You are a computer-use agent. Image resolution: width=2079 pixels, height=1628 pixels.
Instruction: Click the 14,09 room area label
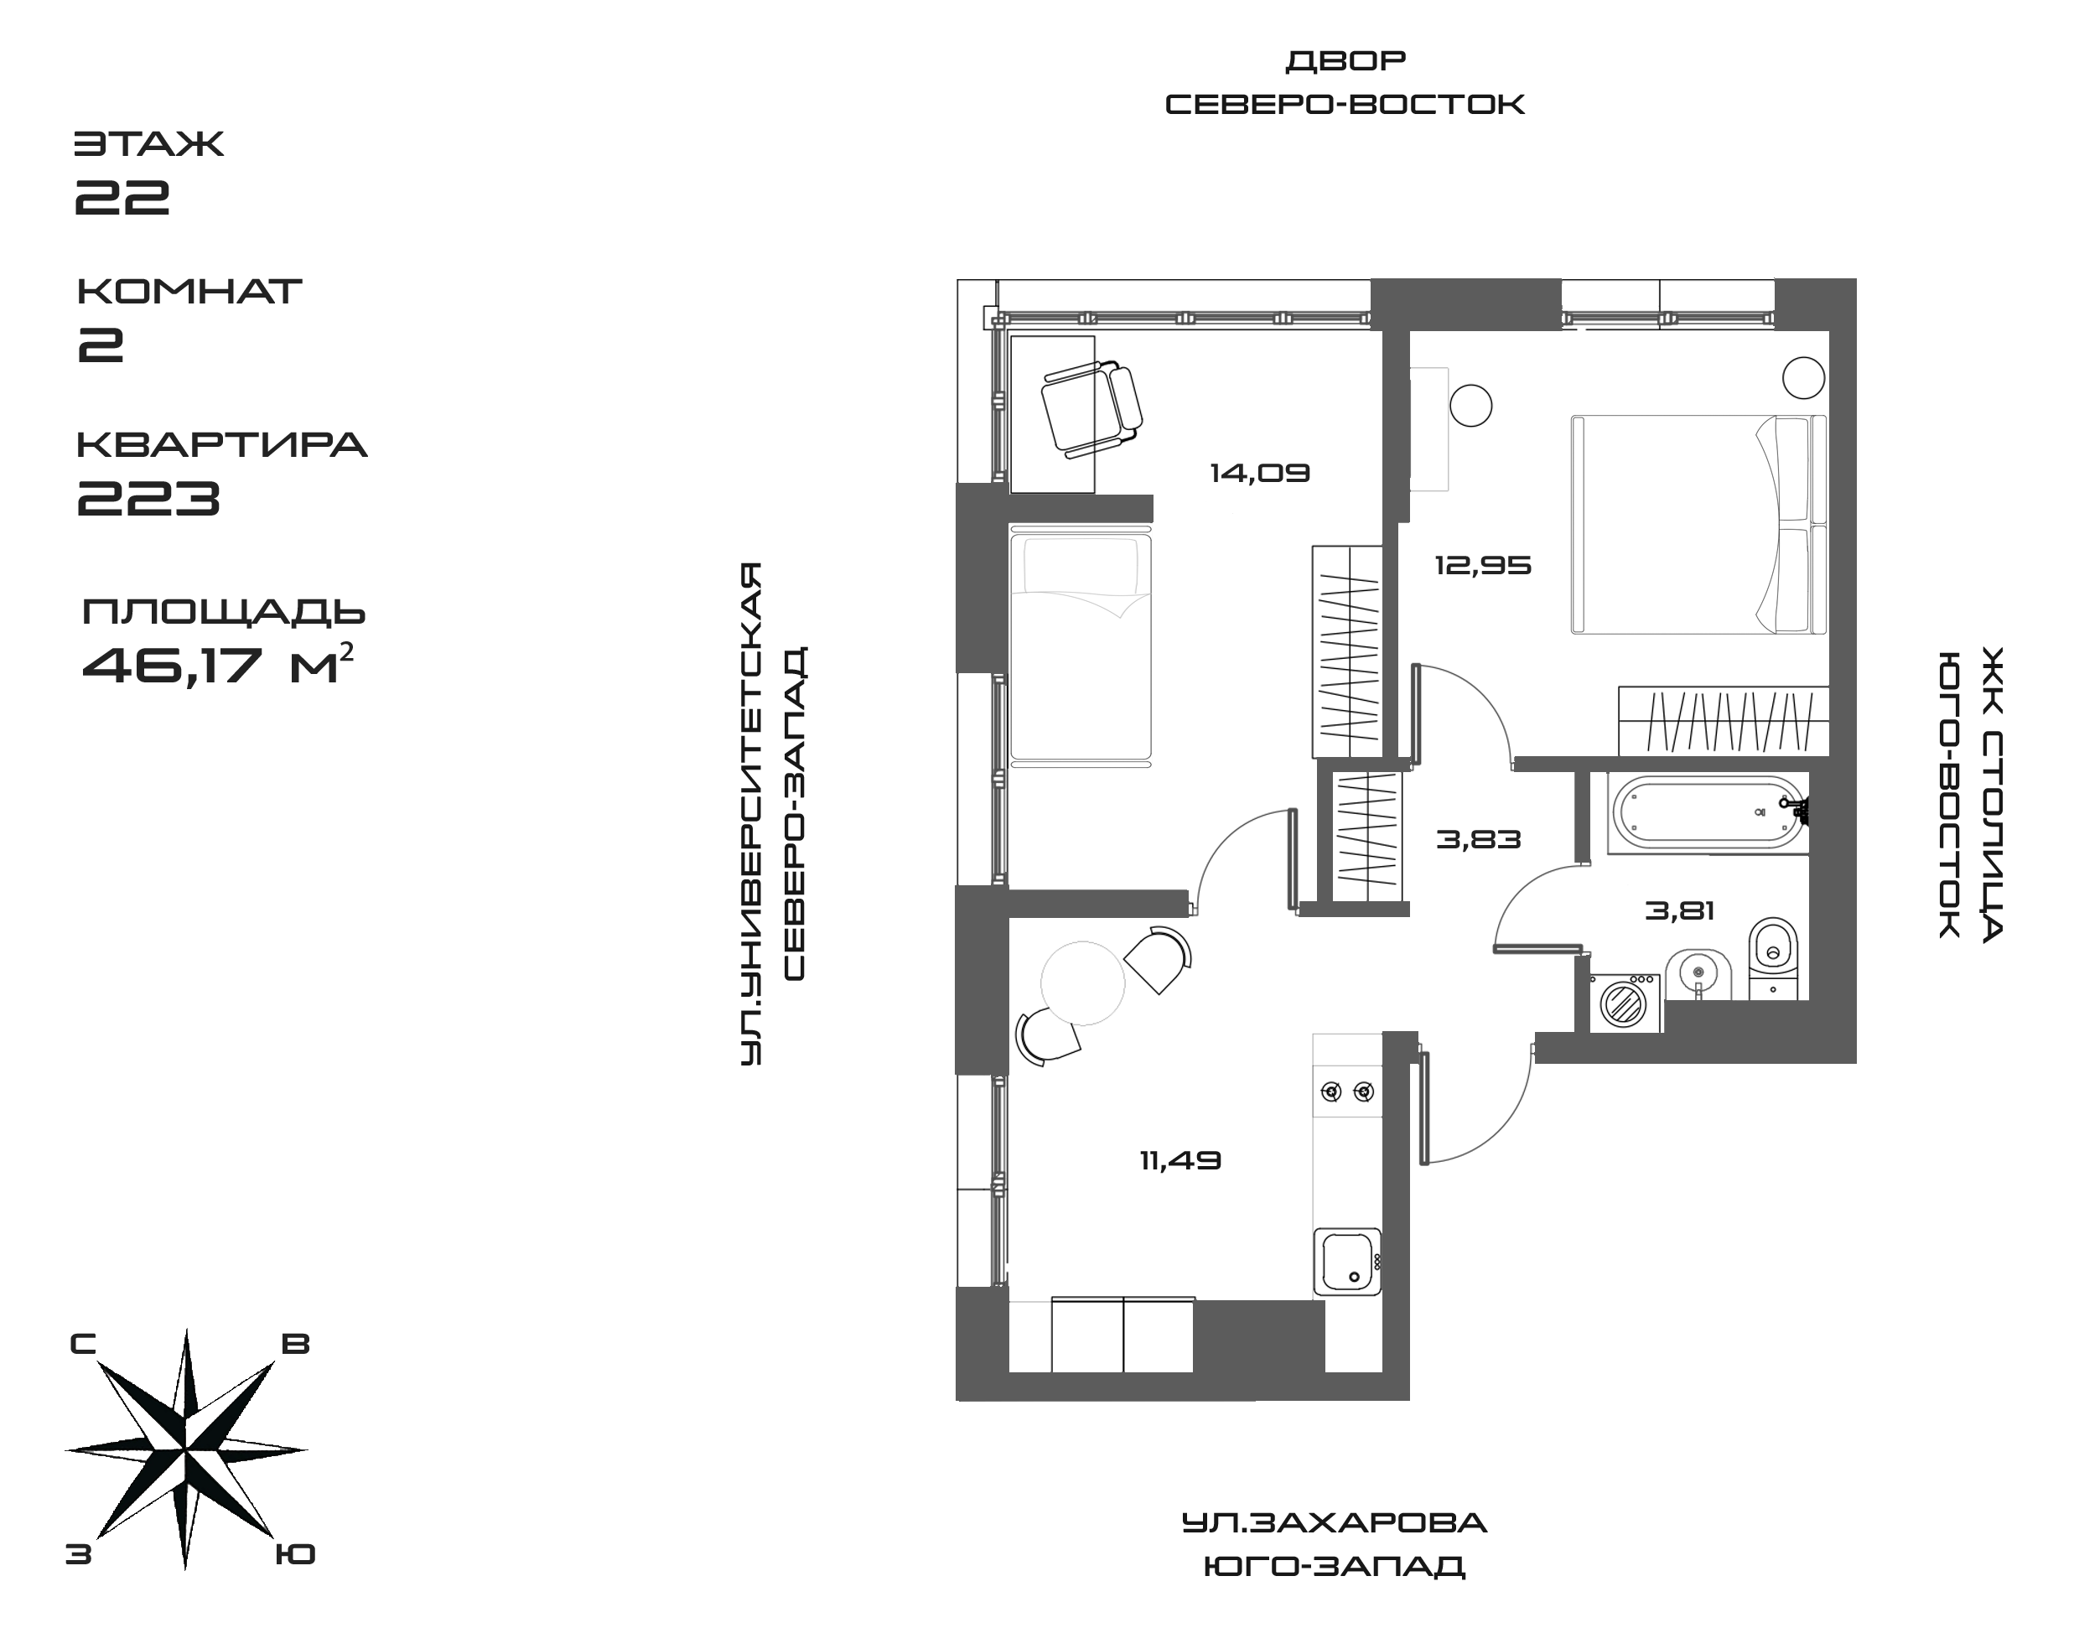1259,473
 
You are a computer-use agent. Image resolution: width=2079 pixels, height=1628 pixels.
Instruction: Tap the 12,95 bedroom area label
1482,566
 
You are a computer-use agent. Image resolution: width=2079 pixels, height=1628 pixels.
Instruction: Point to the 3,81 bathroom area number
1680,911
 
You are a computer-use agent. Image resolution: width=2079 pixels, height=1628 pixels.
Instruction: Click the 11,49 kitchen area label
1180,1161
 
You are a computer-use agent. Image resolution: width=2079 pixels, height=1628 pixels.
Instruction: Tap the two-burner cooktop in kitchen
1347,1092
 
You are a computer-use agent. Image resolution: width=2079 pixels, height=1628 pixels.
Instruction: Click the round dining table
1082,983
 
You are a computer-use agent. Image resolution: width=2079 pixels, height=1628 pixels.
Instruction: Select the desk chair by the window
1091,409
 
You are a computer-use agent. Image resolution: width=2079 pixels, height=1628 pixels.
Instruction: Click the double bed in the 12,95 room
1697,524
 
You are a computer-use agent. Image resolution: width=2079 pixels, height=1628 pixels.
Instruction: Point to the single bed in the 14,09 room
1080,648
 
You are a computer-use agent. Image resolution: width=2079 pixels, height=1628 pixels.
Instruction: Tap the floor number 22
124,195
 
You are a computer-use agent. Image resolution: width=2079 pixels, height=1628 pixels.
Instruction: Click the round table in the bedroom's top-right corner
1802,377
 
